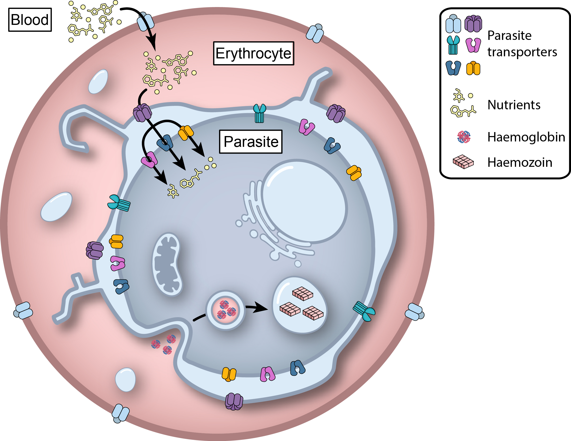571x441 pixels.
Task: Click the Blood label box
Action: [x=30, y=20]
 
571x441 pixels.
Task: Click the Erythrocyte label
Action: [x=253, y=53]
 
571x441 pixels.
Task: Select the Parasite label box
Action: [x=251, y=142]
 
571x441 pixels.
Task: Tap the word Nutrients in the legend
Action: [x=514, y=105]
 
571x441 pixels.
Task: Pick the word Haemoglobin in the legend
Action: [x=526, y=137]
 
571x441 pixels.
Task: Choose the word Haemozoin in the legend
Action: [x=520, y=163]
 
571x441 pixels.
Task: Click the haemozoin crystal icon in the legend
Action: [x=463, y=162]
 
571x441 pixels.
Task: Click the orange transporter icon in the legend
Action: [x=473, y=68]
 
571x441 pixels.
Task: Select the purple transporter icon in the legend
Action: [x=473, y=23]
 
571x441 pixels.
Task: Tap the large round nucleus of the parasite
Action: [x=305, y=202]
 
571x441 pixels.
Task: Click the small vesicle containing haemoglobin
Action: [x=225, y=310]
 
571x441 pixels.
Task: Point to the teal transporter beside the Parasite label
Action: [x=259, y=113]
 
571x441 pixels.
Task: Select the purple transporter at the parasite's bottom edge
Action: [x=234, y=401]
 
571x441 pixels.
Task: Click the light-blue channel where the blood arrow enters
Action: [x=146, y=21]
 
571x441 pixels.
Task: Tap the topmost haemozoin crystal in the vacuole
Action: [x=302, y=294]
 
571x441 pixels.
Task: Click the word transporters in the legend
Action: [x=522, y=52]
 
